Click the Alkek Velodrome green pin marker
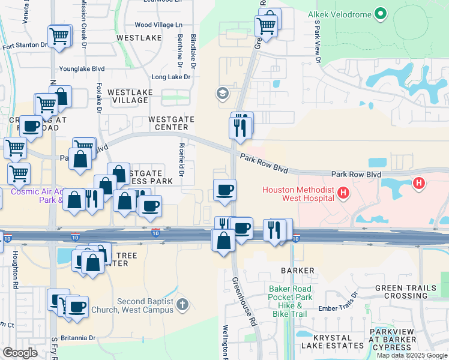pyautogui.click(x=379, y=13)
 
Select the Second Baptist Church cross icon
pyautogui.click(x=183, y=305)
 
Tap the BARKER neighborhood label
pyautogui.click(x=297, y=271)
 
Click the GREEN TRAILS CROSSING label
pyautogui.click(x=405, y=292)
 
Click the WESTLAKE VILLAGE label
pyautogui.click(x=130, y=97)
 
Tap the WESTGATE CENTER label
pyautogui.click(x=171, y=123)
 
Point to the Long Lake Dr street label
pyautogui.click(x=170, y=77)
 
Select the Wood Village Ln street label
pyautogui.click(x=158, y=25)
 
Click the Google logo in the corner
pyautogui.click(x=20, y=353)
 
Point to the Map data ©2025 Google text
pyautogui.click(x=412, y=355)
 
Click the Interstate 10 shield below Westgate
pyautogui.click(x=155, y=233)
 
